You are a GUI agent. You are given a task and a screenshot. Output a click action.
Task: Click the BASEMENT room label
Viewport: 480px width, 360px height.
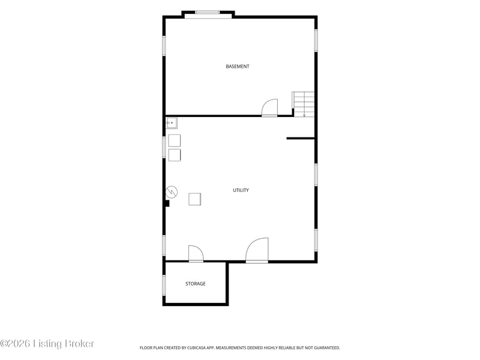[237, 67]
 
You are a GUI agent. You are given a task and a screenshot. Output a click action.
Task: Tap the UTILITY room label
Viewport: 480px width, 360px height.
[241, 190]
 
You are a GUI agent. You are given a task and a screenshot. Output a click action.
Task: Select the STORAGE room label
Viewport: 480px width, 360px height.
[196, 284]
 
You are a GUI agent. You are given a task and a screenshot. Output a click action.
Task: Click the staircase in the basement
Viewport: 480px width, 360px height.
[304, 104]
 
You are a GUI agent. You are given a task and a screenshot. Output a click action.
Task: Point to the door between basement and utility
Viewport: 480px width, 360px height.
[269, 107]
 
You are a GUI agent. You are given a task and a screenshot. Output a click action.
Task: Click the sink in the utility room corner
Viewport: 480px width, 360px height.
[172, 123]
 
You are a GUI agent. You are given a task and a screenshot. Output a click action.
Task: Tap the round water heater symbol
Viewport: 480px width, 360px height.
[172, 192]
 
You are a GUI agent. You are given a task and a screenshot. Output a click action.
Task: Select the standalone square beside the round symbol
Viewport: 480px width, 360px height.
[194, 199]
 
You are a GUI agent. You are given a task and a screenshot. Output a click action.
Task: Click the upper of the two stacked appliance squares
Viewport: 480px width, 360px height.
[175, 140]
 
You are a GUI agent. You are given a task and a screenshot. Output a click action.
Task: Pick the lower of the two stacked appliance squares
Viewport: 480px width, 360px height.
[175, 155]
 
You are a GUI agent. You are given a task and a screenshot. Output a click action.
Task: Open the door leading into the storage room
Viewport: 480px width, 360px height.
[196, 254]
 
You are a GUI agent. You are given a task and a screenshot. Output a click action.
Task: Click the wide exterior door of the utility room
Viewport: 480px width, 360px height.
[257, 250]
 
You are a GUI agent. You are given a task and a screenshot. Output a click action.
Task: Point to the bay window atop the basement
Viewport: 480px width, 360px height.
[208, 14]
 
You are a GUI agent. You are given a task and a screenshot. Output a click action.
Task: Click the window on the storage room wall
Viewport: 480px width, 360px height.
[164, 285]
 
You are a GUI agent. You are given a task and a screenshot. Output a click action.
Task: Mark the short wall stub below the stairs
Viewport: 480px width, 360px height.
[301, 139]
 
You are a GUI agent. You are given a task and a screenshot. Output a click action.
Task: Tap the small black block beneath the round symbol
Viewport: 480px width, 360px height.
[167, 203]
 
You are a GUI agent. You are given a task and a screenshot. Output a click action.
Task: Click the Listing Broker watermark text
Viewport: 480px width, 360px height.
[64, 344]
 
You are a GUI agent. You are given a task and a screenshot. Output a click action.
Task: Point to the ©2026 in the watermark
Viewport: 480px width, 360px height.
[16, 344]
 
